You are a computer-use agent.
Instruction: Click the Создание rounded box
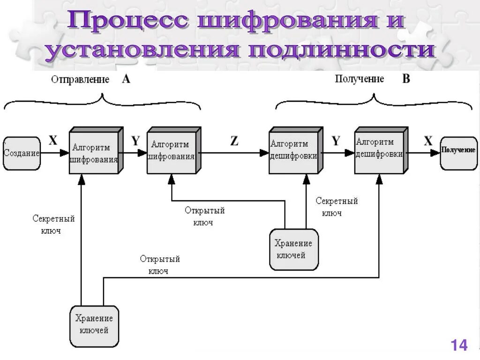pos(22,153)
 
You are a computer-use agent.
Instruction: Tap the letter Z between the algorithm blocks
pos(234,141)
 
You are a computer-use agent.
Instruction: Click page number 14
pos(459,345)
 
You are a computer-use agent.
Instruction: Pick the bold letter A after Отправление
pos(126,79)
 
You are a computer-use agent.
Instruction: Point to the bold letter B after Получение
pos(406,79)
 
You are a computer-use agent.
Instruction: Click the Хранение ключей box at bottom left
pos(94,327)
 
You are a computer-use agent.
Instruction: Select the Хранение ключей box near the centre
pos(294,249)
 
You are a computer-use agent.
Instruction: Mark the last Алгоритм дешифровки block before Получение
pos(379,150)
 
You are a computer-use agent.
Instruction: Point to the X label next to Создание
pos(53,141)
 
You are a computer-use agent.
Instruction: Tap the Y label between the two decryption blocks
pos(336,141)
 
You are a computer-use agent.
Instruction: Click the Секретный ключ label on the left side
pos(53,225)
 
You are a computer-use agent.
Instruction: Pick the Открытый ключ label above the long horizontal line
pos(159,265)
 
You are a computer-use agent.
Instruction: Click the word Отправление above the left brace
pos(80,79)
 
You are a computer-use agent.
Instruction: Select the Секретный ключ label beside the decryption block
pos(336,207)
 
